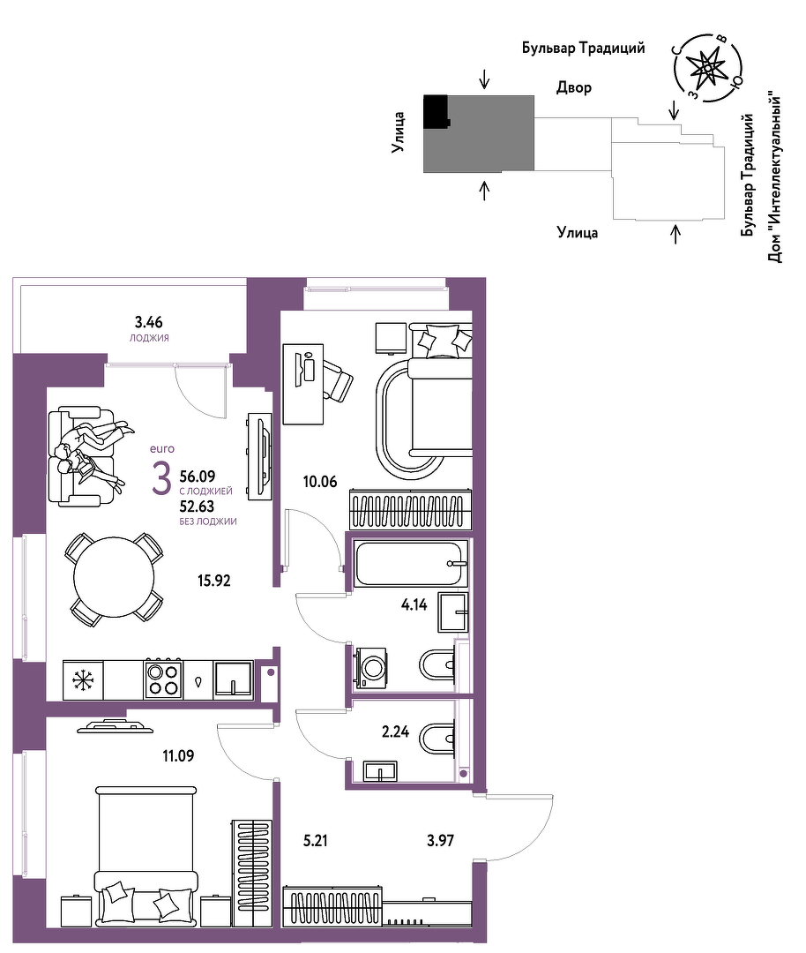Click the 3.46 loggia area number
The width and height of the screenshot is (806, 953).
(x=149, y=321)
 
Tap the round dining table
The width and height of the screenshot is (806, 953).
(x=114, y=577)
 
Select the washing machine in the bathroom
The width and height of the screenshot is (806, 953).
(x=370, y=668)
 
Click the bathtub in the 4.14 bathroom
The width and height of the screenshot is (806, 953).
(x=411, y=563)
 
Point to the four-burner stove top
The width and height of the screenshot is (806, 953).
(x=163, y=679)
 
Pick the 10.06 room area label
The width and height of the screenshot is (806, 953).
(x=320, y=482)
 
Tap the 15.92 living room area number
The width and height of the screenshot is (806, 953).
(x=213, y=581)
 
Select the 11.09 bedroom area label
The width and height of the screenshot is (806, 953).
(x=178, y=756)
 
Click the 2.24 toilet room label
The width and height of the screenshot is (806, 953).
(x=395, y=732)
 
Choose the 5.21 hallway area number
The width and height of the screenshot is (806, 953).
(x=316, y=841)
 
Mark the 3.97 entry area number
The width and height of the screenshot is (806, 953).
(x=440, y=841)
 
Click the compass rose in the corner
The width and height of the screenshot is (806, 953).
(x=707, y=68)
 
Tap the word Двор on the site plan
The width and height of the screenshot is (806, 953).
(x=574, y=87)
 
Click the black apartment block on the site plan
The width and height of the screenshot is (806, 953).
(x=437, y=111)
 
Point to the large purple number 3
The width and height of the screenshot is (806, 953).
(x=161, y=479)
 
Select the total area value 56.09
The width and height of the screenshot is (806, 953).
(x=198, y=476)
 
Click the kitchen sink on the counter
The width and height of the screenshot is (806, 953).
(x=233, y=679)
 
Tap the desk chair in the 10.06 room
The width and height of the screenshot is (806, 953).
(x=336, y=379)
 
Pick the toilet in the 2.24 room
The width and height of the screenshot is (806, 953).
(x=437, y=739)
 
